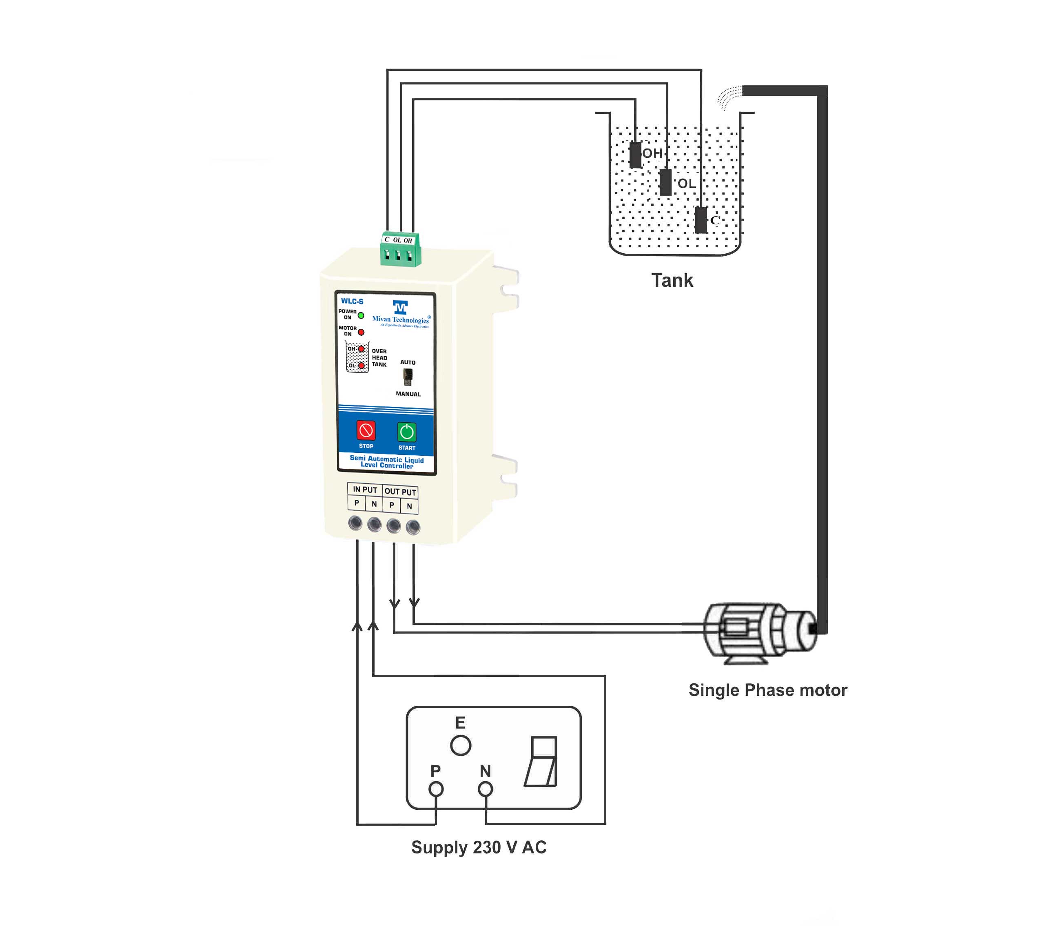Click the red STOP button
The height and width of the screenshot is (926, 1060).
coord(366,430)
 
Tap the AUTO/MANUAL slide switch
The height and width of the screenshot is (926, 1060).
coord(408,377)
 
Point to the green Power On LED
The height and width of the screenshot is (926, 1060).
coord(361,315)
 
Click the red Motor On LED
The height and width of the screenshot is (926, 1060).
coord(361,332)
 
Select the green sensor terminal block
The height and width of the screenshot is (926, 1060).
coord(400,249)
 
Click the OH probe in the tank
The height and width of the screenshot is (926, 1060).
coord(635,155)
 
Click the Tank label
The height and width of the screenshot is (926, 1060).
coord(672,281)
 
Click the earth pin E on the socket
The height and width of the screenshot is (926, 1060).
coord(461,746)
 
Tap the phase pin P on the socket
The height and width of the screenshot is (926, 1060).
coord(436,789)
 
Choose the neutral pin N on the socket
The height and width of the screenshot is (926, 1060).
coord(485,789)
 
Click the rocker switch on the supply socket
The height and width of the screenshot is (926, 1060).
coord(541,762)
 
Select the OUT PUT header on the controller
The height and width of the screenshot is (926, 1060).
coord(400,492)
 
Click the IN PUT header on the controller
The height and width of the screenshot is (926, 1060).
coord(365,490)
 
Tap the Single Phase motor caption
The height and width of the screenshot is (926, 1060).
coord(767,690)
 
